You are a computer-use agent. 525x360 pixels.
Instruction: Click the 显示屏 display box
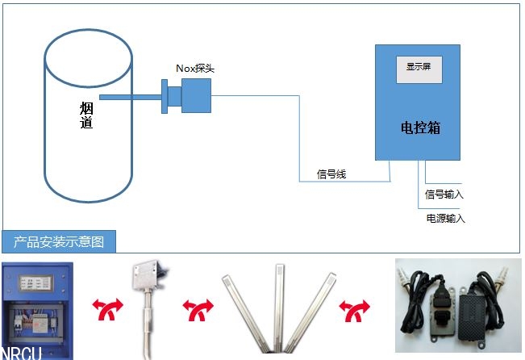[x=418, y=68]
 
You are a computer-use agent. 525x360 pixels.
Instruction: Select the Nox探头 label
[x=195, y=68]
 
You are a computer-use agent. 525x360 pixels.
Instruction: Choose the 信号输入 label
[x=444, y=194]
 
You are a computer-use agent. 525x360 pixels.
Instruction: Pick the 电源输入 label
[x=445, y=218]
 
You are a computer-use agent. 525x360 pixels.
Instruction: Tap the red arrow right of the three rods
[x=356, y=308]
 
